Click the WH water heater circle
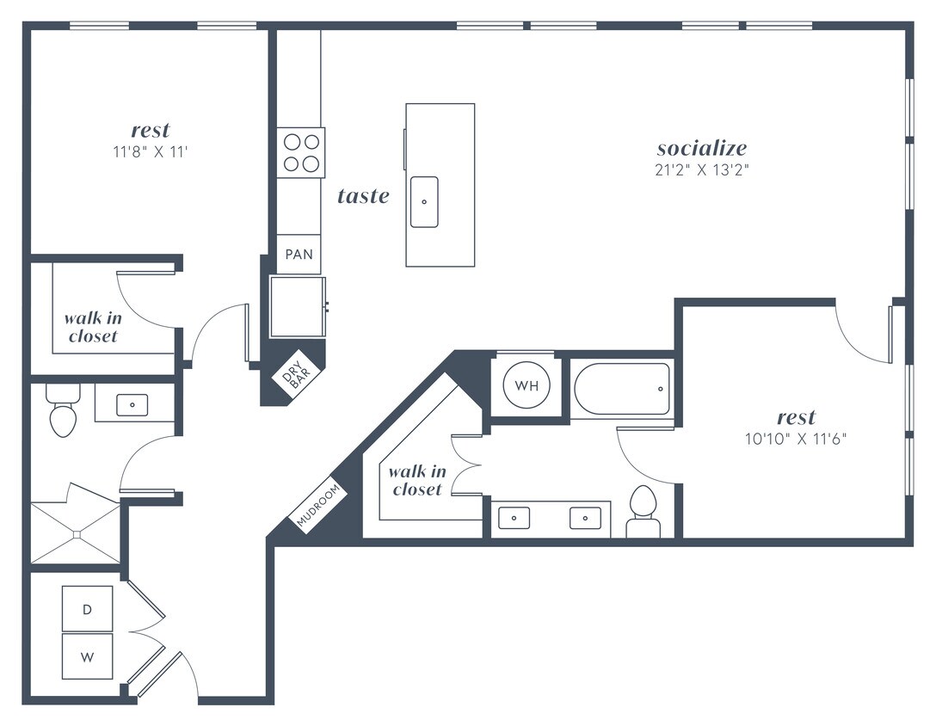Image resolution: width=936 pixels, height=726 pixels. [526, 385]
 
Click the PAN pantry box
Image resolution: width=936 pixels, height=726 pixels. [299, 255]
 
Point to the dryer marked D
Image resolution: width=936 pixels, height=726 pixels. [87, 610]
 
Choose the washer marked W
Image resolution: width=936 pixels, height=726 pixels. [87, 657]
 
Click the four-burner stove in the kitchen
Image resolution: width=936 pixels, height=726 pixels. [300, 152]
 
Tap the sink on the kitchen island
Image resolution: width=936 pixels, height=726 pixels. [424, 201]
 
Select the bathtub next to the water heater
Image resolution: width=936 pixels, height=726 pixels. [622, 389]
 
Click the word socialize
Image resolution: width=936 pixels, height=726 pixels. [701, 148]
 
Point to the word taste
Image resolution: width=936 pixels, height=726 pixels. [363, 196]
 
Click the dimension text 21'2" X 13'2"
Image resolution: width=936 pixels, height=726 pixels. [701, 169]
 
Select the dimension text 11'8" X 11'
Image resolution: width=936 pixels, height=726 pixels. [150, 152]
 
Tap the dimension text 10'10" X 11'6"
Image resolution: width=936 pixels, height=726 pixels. [796, 438]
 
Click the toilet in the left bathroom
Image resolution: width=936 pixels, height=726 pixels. [63, 414]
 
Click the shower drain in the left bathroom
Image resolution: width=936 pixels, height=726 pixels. [76, 534]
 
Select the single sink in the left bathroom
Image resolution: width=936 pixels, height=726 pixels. [132, 403]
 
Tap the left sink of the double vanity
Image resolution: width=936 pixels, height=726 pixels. [514, 519]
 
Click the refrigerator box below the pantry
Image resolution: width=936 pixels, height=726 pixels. [298, 306]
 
